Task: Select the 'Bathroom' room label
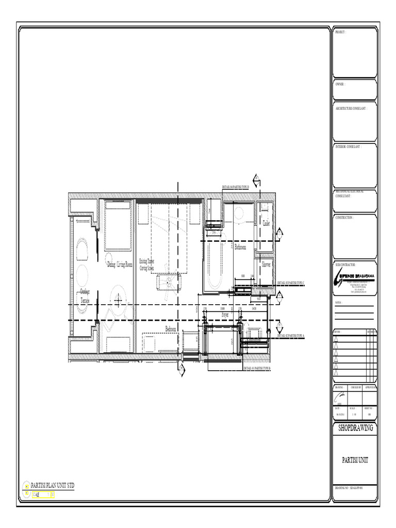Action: (x=241, y=248)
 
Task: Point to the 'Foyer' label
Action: (x=225, y=314)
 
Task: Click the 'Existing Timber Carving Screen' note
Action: (x=146, y=265)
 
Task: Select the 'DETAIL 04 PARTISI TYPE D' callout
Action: (x=235, y=187)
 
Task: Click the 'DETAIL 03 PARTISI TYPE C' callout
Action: (x=291, y=283)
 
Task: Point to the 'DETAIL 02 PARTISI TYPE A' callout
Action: (x=291, y=336)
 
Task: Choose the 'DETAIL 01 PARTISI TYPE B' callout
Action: (x=257, y=369)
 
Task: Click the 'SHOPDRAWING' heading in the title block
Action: (x=355, y=428)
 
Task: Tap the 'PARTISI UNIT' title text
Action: (x=355, y=460)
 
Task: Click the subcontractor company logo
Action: (x=355, y=277)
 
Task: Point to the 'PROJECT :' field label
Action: (x=340, y=32)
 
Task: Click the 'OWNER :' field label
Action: (x=340, y=84)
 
